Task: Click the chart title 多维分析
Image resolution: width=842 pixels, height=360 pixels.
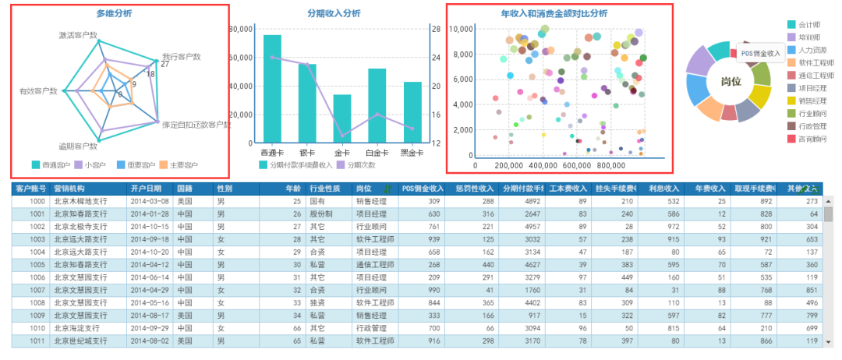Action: click(114, 13)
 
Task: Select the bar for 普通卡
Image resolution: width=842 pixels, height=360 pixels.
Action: click(272, 89)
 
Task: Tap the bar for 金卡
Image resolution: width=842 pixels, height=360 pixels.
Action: click(342, 118)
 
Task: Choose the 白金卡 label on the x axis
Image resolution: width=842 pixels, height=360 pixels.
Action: click(377, 153)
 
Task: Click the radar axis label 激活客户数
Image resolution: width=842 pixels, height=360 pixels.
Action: click(78, 36)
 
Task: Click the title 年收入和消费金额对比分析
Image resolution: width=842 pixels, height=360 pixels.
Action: click(554, 13)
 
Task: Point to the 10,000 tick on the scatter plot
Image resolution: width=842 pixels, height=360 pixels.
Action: click(462, 29)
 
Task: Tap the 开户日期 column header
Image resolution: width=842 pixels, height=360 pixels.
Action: click(146, 189)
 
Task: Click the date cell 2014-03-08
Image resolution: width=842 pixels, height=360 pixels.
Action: click(150, 201)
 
